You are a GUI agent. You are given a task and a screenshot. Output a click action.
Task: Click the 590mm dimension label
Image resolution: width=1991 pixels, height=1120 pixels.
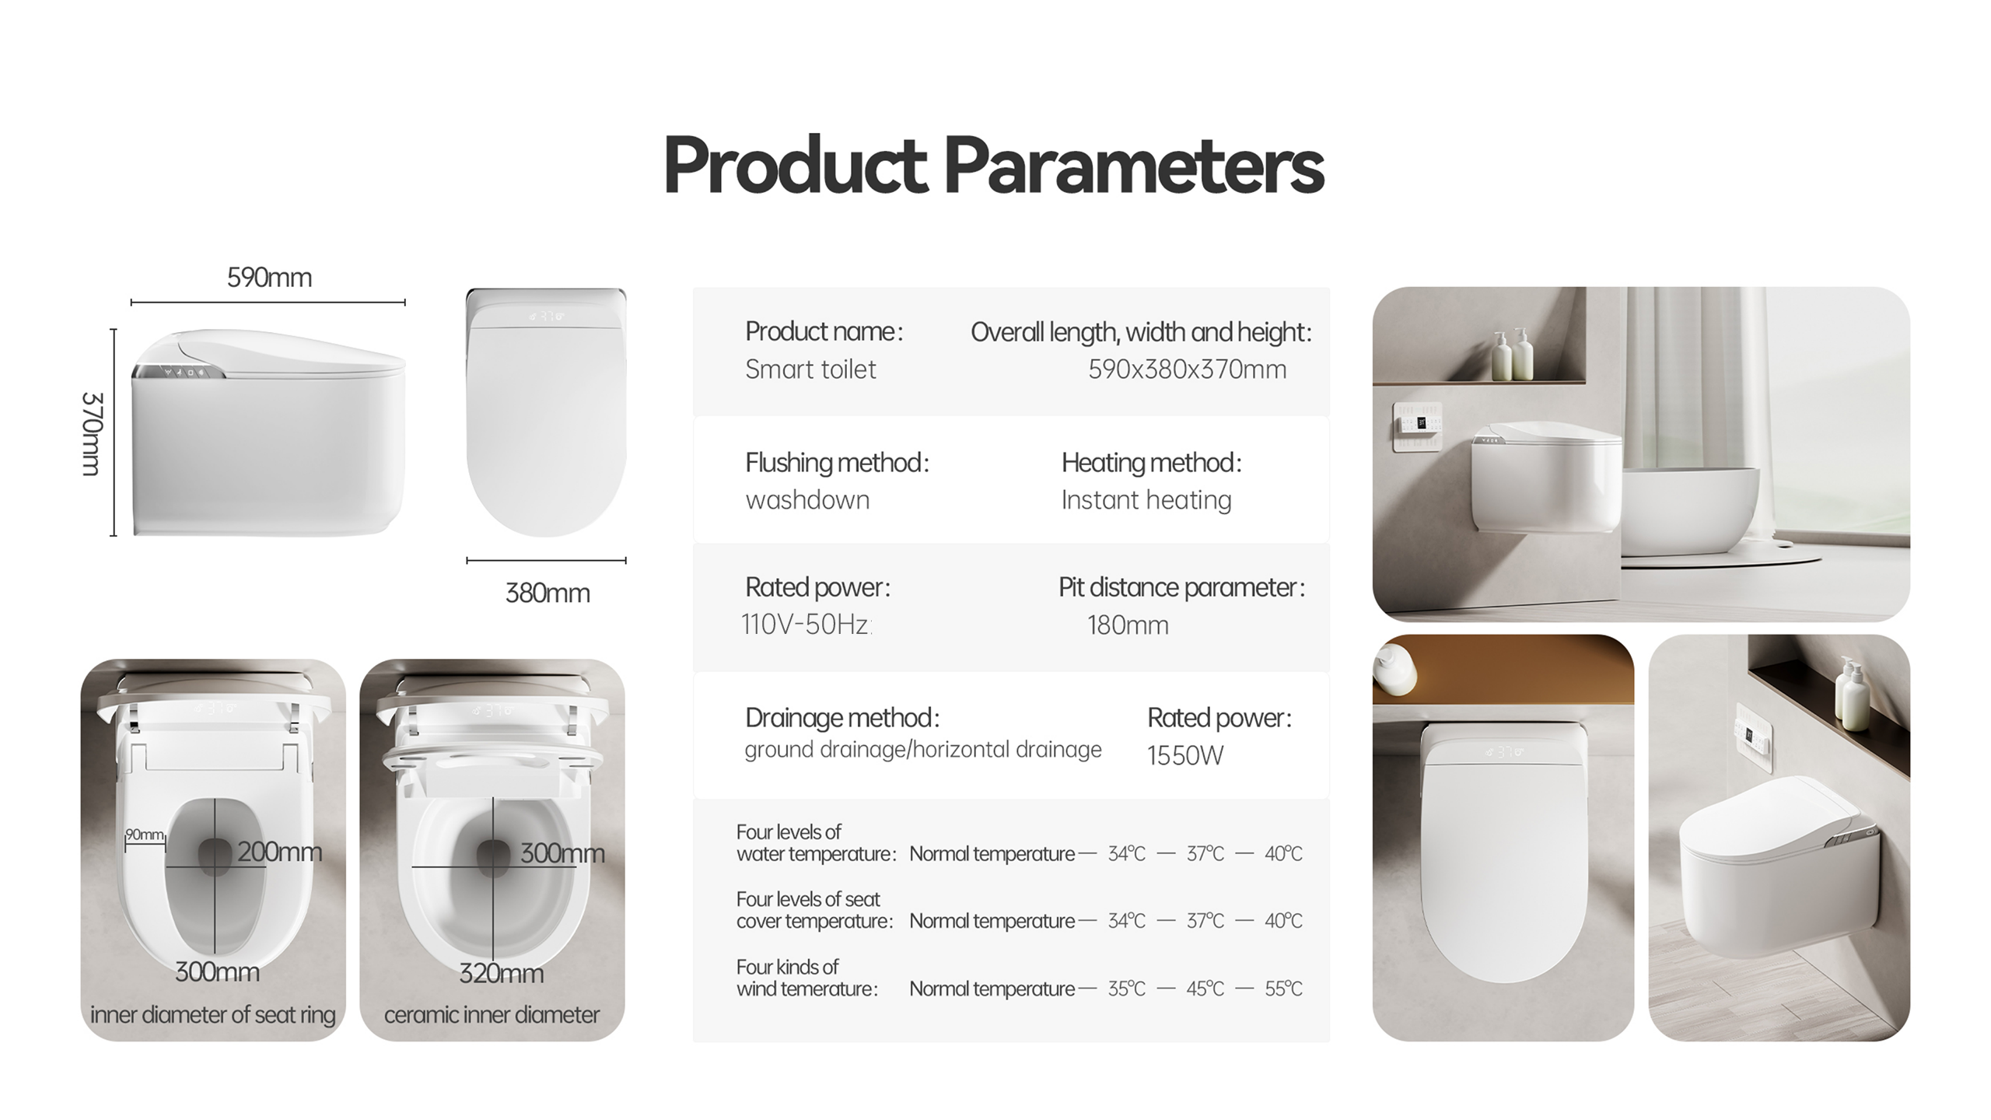click(269, 278)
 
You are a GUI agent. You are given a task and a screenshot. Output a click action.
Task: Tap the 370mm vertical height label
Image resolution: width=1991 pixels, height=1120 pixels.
click(92, 433)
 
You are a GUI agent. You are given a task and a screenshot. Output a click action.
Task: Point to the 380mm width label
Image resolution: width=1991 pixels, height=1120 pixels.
click(548, 593)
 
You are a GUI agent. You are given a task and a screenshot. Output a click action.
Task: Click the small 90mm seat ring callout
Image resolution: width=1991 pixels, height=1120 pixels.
click(145, 835)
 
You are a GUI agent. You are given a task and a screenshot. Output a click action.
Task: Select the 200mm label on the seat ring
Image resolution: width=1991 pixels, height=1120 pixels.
click(279, 852)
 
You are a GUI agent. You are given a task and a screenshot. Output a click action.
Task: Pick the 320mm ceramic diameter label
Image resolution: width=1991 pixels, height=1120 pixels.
click(501, 973)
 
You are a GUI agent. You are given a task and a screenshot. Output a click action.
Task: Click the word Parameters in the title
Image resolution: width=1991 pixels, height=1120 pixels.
click(1134, 166)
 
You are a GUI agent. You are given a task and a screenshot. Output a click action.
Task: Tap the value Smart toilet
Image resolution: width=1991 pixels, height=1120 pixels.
click(810, 369)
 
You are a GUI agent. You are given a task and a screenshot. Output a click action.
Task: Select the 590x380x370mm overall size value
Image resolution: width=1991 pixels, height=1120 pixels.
click(1187, 369)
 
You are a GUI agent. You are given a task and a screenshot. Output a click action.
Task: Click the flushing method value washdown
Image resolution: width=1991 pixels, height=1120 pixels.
click(807, 500)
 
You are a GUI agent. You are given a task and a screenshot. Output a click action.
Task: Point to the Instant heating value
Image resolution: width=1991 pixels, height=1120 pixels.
click(1146, 500)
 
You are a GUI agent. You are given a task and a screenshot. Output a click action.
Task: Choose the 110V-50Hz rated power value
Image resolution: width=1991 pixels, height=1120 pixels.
click(806, 625)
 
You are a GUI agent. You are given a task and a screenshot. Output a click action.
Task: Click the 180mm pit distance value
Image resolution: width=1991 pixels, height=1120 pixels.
click(1128, 625)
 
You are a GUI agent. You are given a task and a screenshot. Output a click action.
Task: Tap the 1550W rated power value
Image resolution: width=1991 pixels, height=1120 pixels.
click(1185, 755)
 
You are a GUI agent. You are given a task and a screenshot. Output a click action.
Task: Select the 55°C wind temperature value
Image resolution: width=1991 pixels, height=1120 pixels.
click(1283, 989)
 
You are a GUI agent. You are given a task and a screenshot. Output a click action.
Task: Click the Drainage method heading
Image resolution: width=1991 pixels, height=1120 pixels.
click(842, 718)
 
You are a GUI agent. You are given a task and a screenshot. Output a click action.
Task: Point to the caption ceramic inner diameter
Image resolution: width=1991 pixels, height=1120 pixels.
click(492, 1015)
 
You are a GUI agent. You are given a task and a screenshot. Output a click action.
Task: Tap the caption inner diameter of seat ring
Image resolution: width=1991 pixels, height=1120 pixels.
click(213, 1015)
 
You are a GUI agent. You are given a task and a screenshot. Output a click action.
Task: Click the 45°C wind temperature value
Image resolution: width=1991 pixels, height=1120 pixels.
click(1205, 989)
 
